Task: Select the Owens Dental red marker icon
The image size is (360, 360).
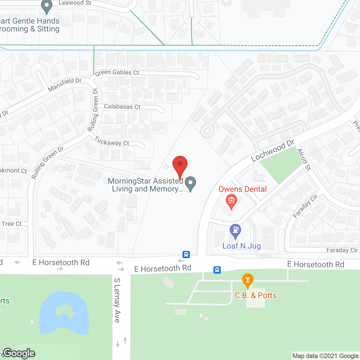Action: [x=231, y=201]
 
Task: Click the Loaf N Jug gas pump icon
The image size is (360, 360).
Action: [x=235, y=231]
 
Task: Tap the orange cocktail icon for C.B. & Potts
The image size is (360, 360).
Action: [x=247, y=280]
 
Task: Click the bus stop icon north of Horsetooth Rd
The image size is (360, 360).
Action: [x=186, y=255]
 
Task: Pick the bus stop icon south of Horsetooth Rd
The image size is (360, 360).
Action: [x=217, y=270]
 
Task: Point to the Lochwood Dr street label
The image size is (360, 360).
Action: [x=272, y=151]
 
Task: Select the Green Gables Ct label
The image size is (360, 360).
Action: [x=117, y=73]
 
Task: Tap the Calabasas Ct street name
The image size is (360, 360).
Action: [x=122, y=107]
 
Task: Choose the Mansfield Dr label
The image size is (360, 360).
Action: [x=65, y=84]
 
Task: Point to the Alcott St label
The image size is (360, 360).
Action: [x=304, y=159]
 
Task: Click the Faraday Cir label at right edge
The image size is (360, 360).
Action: [x=342, y=250]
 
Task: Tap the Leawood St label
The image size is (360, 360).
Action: [x=75, y=3]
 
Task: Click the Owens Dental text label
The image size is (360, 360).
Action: [x=242, y=189]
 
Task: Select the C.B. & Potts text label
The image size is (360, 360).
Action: [x=256, y=295]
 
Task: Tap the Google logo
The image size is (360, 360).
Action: [x=19, y=353]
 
